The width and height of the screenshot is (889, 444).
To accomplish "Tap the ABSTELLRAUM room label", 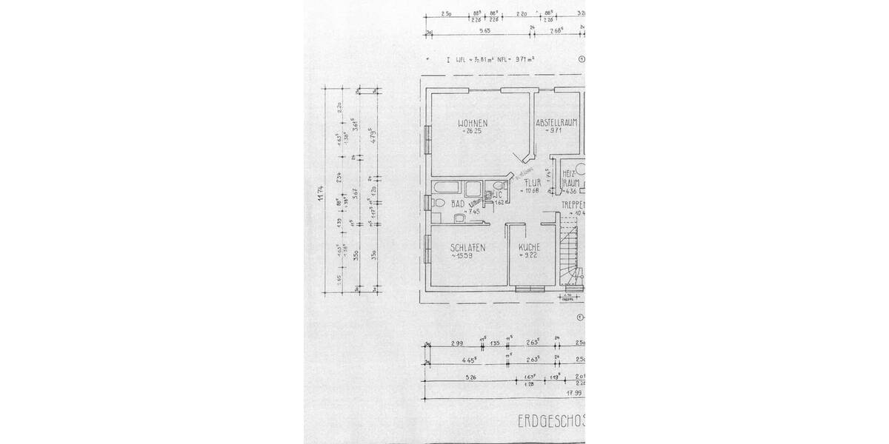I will [556, 122].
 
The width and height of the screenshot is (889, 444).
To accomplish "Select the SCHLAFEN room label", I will [467, 248].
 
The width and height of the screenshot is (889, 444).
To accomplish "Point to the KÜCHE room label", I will [528, 247].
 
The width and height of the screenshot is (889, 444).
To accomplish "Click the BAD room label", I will [457, 202].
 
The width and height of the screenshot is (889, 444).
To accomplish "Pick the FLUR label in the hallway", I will [532, 181].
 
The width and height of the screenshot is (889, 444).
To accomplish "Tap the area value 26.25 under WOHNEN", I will [472, 131].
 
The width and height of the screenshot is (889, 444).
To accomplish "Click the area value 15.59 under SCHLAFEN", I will [467, 256].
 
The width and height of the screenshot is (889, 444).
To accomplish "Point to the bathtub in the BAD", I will [448, 187].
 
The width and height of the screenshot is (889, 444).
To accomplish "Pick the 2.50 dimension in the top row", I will [446, 14].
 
